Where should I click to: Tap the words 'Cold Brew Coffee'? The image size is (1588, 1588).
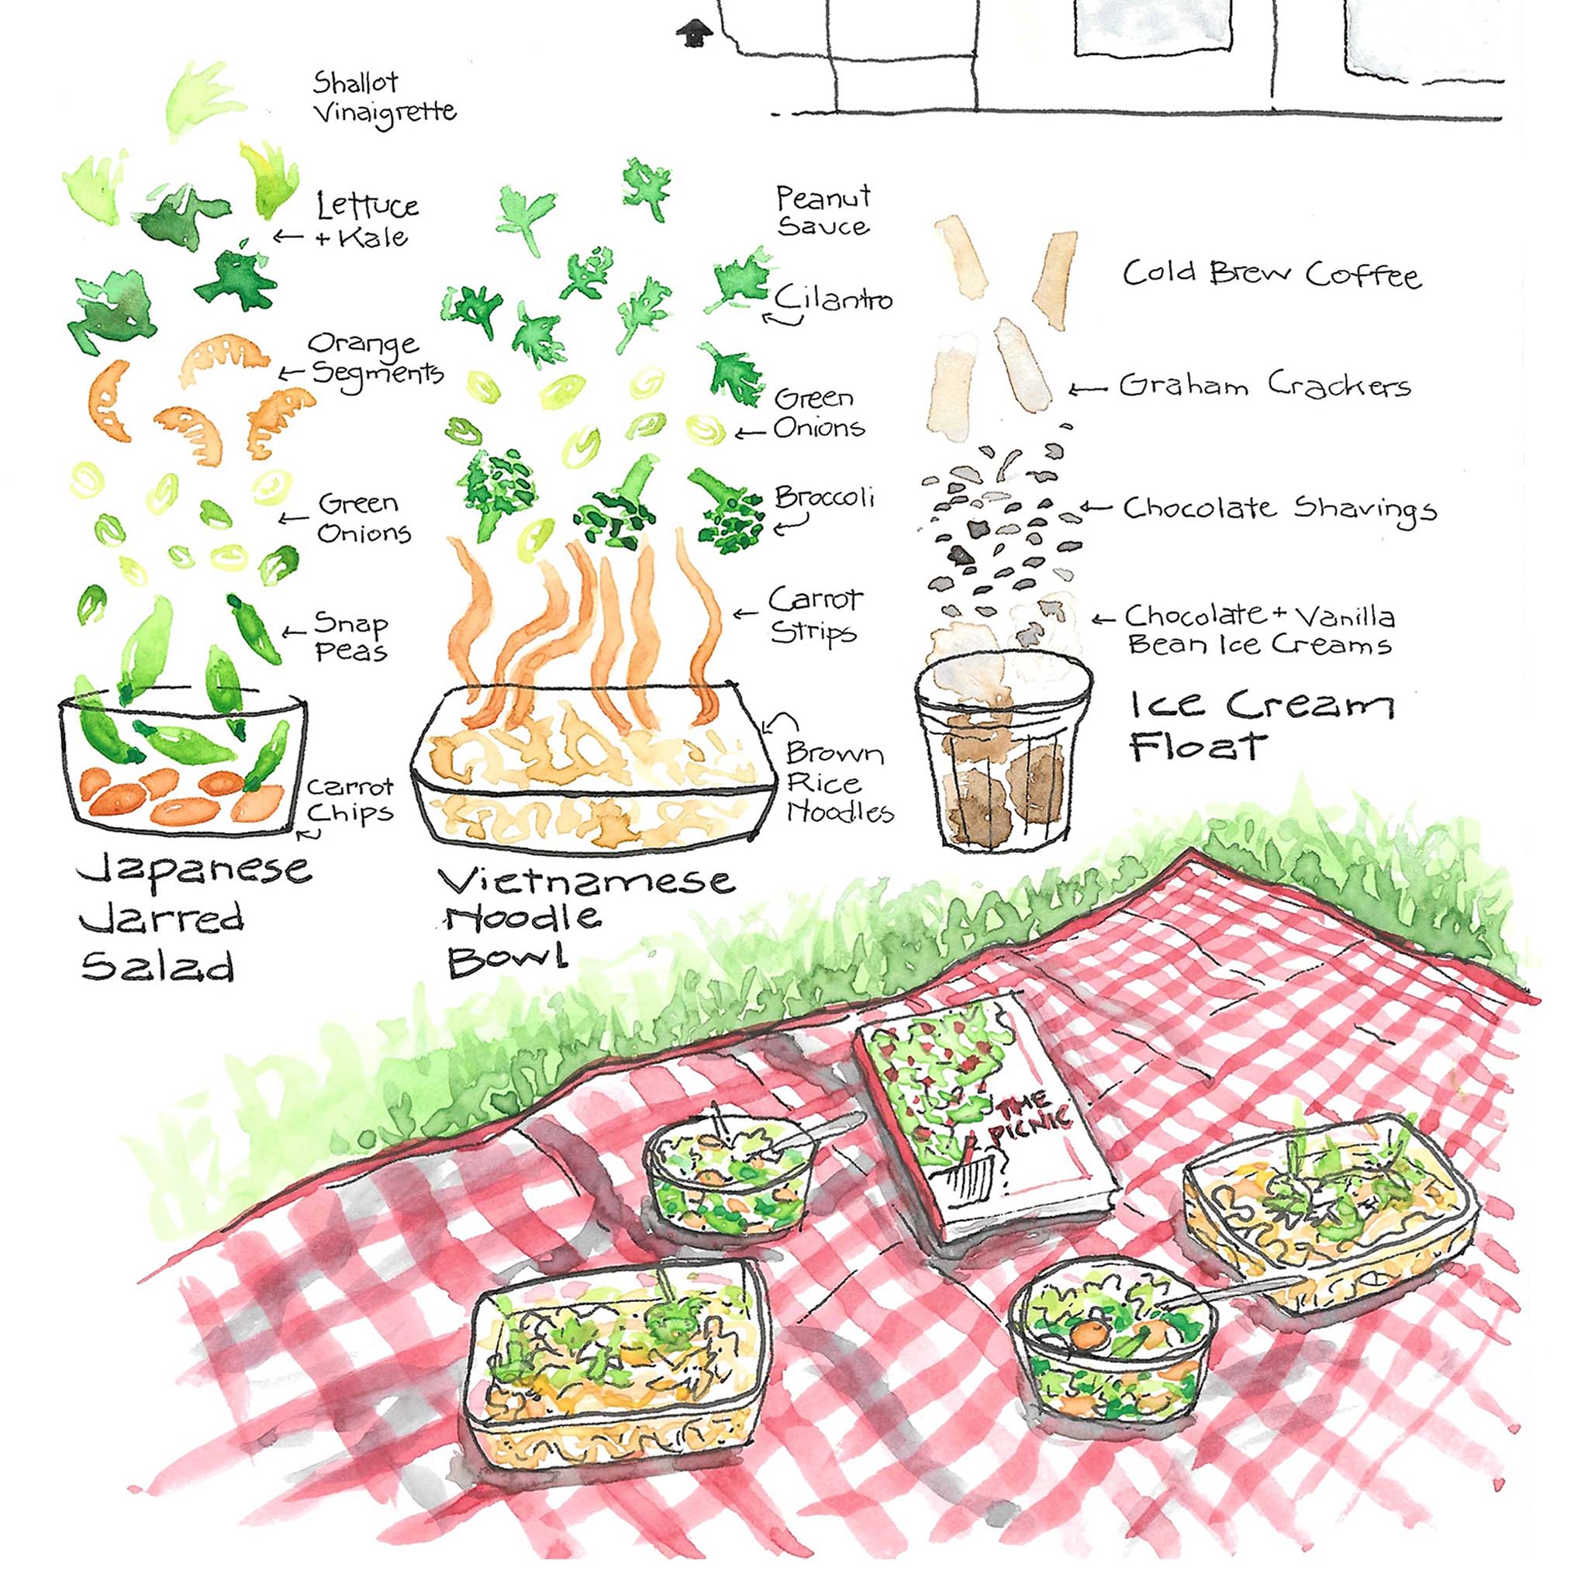click(x=1272, y=274)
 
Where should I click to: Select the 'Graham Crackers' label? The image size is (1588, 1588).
click(x=1265, y=385)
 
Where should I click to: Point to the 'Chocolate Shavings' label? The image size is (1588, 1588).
click(x=1279, y=509)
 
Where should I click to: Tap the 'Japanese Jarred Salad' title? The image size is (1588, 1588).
click(x=195, y=919)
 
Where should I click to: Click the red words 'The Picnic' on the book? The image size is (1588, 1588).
click(x=1028, y=1119)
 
